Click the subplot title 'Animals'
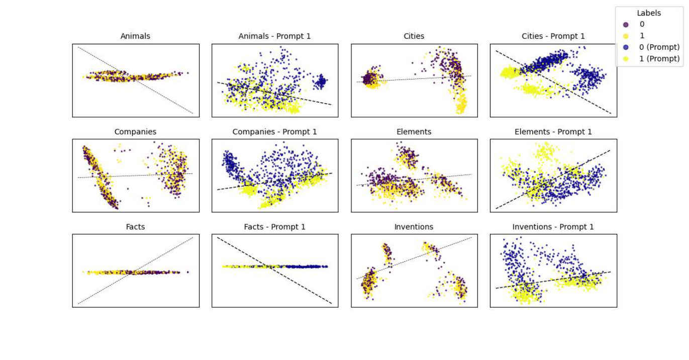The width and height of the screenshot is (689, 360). (135, 36)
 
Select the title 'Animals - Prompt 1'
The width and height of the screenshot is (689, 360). (274, 36)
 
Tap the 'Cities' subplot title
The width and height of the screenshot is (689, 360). (414, 36)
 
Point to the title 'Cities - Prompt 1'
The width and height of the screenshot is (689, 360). (553, 36)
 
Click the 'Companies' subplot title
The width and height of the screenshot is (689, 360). (135, 132)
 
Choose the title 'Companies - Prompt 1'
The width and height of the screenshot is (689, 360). (274, 132)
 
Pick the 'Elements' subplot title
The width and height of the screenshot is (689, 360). (414, 132)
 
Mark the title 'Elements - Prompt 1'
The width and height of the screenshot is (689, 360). (553, 132)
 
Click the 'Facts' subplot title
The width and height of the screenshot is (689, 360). (135, 227)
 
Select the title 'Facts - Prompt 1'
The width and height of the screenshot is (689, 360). (274, 227)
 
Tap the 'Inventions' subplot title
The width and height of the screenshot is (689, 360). (414, 227)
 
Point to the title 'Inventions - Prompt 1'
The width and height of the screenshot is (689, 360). (553, 227)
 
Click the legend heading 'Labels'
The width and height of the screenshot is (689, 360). (648, 13)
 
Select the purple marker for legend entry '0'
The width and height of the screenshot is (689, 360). (626, 24)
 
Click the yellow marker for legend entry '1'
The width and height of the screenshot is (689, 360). (626, 36)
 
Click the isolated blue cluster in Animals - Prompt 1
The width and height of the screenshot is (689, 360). (320, 80)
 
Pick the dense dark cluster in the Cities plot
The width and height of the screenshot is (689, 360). (371, 78)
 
